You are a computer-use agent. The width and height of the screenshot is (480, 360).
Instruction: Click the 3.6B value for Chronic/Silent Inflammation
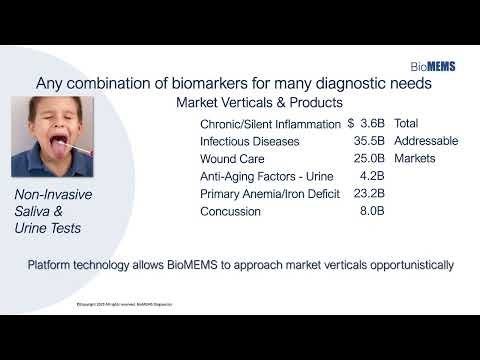pyautogui.click(x=371, y=123)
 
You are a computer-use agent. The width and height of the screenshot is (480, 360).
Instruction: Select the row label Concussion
pyautogui.click(x=231, y=211)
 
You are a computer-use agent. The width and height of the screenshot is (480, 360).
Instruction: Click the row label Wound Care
pyautogui.click(x=236, y=158)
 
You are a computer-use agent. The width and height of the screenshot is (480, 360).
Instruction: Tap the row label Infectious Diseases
pyautogui.click(x=250, y=141)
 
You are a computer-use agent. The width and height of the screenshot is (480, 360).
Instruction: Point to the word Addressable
pyautogui.click(x=426, y=141)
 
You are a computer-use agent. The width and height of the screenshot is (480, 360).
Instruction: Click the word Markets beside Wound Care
pyautogui.click(x=418, y=158)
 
